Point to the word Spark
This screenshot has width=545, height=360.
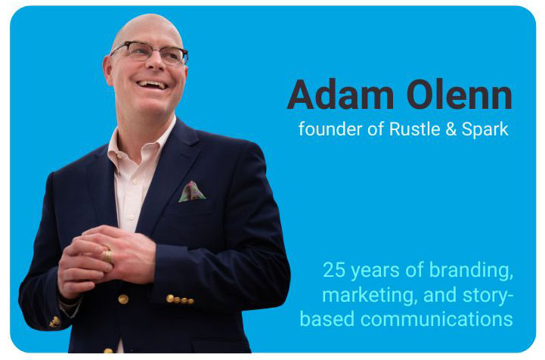pos(485,129)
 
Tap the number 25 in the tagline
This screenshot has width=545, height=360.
pos(334,269)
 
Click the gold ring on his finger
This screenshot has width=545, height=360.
pos(107,256)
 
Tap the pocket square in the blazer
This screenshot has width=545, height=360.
pos(191,191)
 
